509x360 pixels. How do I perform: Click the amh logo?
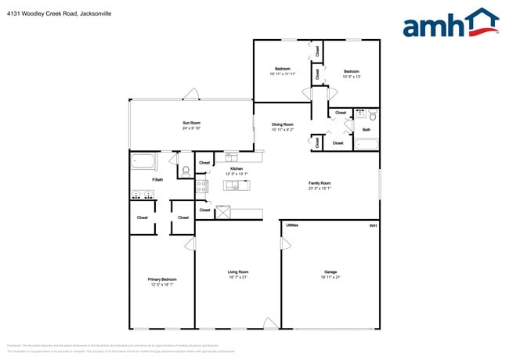point(450,23)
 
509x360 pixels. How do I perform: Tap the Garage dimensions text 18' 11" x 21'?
point(330,277)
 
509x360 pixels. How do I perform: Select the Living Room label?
point(238,272)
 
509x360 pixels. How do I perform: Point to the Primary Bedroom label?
point(162,279)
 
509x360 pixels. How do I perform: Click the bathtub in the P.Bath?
point(143,162)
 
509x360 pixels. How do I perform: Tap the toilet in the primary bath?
point(186,170)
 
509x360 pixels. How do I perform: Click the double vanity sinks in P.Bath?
point(143,195)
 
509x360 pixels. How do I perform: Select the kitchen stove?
point(201,186)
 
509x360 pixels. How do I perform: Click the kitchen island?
point(237,185)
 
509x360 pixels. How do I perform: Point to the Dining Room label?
point(283,124)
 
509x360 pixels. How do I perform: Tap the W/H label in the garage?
point(373,225)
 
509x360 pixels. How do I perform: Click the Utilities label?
point(291,225)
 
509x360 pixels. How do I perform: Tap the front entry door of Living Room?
point(270,323)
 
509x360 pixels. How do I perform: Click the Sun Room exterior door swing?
point(191,95)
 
